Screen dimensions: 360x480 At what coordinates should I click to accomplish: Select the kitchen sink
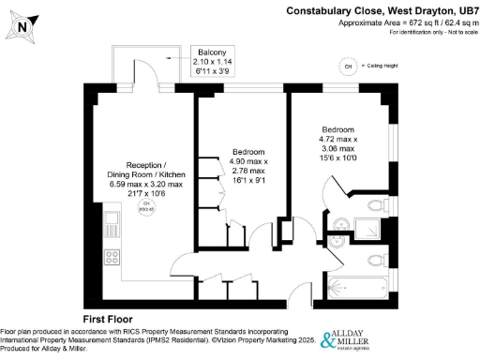[112, 225]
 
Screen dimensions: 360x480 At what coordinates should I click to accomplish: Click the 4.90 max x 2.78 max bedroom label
[248, 167]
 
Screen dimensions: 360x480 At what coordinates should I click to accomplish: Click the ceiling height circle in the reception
[145, 208]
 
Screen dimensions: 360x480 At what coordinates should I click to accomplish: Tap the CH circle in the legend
[349, 67]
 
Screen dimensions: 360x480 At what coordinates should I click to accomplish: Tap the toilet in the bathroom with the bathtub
[374, 259]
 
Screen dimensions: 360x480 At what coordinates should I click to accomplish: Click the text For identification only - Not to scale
[422, 34]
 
